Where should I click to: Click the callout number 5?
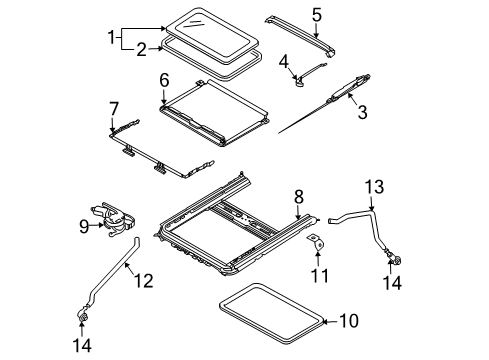[x=317, y=15]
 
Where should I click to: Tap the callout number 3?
[x=362, y=112]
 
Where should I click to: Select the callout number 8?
[x=299, y=197]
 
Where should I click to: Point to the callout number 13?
[x=374, y=187]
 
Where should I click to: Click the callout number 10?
[x=349, y=321]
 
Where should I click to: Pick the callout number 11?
[x=319, y=275]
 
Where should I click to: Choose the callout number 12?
[x=144, y=280]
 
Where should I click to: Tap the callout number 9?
[x=84, y=227]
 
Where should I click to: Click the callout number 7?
[x=114, y=109]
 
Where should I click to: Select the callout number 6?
[x=164, y=80]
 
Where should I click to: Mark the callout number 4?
[x=284, y=62]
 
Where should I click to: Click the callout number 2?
[x=141, y=50]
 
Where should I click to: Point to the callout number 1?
[x=111, y=37]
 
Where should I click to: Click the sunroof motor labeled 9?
[x=113, y=220]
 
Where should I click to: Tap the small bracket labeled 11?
[x=316, y=243]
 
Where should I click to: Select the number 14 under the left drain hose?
[x=82, y=345]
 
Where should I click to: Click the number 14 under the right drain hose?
[x=392, y=283]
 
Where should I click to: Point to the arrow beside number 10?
[x=331, y=321]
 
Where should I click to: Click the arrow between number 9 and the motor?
[x=97, y=226]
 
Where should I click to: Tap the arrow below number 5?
[x=316, y=30]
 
